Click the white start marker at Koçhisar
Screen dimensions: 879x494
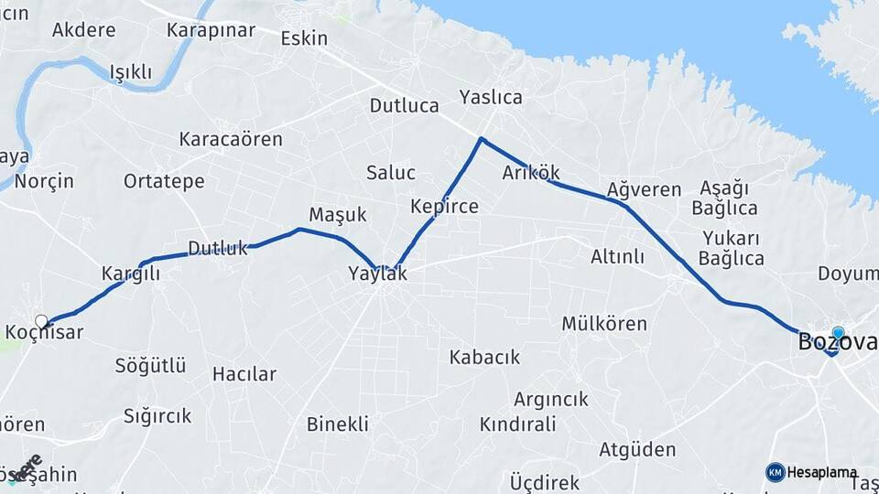(41, 321)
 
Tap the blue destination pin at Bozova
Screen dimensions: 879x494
(838, 334)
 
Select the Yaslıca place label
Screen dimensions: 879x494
(491, 97)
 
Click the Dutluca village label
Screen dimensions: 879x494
(405, 105)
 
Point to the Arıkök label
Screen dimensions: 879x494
(531, 173)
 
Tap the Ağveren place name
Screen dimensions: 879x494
(644, 190)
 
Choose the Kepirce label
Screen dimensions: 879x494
(444, 206)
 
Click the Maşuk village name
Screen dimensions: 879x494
(338, 215)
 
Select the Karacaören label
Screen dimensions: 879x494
(231, 140)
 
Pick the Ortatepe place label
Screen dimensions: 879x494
(164, 181)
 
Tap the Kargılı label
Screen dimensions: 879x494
(131, 274)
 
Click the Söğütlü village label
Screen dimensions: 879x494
(150, 366)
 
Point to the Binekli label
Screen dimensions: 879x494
(338, 424)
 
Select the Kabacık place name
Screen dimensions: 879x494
(484, 357)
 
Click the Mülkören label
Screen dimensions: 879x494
(604, 324)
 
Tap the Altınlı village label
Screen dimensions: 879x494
(617, 257)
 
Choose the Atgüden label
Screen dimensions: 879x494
(637, 449)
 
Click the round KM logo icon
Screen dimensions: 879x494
(776, 472)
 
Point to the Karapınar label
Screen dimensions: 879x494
(211, 30)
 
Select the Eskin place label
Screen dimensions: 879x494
(304, 38)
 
